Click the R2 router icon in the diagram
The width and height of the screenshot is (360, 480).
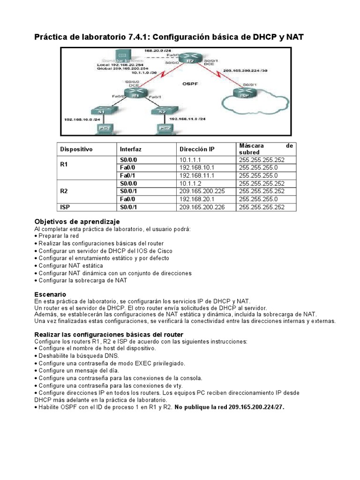(x=189, y=61)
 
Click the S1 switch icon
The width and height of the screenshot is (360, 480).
(x=101, y=112)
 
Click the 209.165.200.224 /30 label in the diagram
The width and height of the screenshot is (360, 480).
(x=245, y=71)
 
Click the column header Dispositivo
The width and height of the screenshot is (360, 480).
(x=76, y=149)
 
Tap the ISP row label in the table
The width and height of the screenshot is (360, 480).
(x=65, y=207)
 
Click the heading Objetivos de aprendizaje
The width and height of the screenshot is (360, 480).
(x=77, y=221)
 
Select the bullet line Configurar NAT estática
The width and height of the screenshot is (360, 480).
(x=71, y=265)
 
